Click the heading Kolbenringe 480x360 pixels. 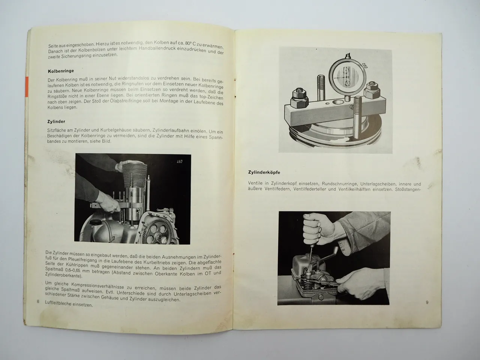coord(61,71)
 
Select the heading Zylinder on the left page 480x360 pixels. coord(57,121)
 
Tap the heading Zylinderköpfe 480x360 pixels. coord(264,172)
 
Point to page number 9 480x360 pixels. coord(427,302)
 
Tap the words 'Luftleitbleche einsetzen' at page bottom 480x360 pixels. coord(69,304)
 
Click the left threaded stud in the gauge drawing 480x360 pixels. coord(322,94)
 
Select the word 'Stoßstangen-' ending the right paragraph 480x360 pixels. coord(408,189)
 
